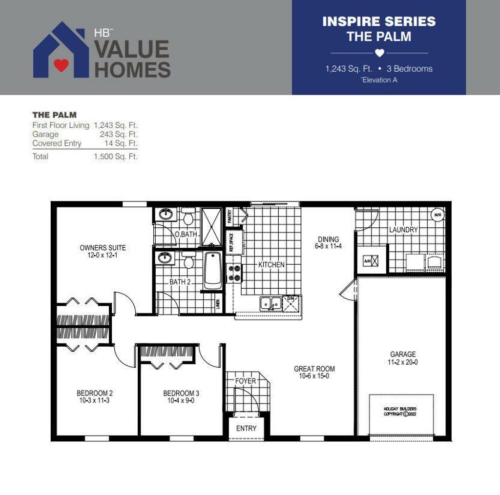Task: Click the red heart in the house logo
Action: pos(61,65)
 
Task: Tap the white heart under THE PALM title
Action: pos(379,53)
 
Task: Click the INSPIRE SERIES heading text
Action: pos(379,21)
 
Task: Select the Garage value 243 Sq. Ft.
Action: pos(119,134)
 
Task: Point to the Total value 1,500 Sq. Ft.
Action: pos(116,157)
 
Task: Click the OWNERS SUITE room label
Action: pos(103,248)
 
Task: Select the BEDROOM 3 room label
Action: pos(181,393)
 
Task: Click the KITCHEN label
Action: pos(271,264)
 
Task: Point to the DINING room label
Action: pos(328,239)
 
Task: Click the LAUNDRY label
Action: pos(403,230)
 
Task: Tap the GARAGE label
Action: pos(403,354)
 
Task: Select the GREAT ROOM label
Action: pos(314,369)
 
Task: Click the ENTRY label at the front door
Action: pos(246,428)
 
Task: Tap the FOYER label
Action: pos(245,381)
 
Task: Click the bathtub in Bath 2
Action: pos(212,271)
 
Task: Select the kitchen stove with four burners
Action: pos(234,273)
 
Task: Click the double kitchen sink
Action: pos(270,303)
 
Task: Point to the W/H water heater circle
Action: pos(437,215)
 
